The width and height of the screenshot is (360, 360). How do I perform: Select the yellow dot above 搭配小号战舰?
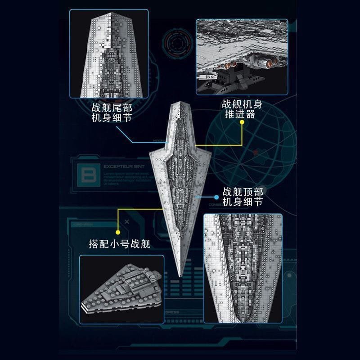pos(118,232)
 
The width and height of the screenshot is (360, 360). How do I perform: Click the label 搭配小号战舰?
pos(119,245)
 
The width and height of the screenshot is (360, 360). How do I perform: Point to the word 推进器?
pos(238,114)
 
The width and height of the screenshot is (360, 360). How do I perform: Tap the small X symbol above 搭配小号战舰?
pos(127,222)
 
